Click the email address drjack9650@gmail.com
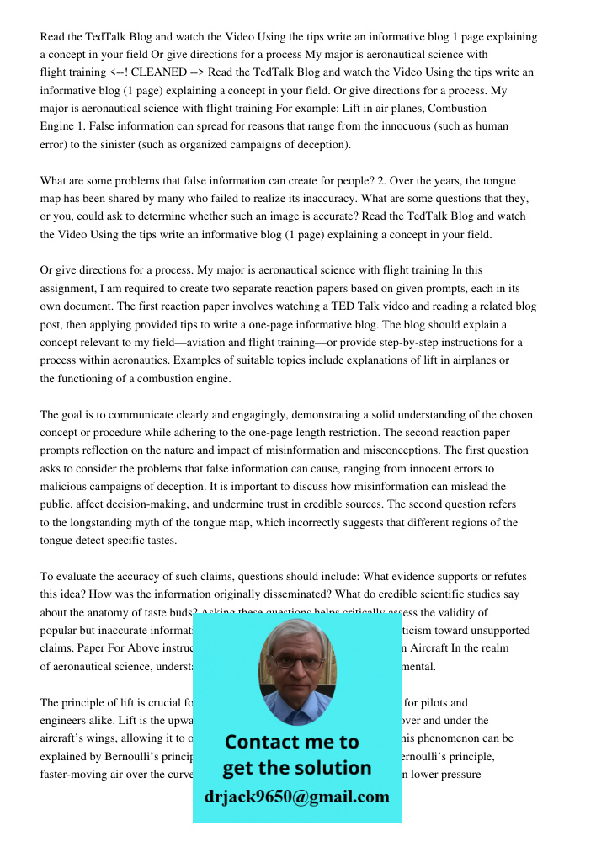297,797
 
